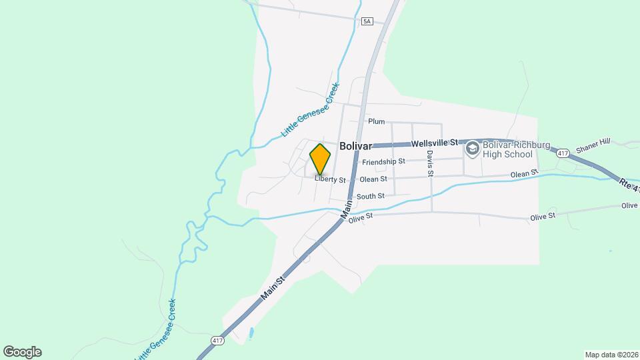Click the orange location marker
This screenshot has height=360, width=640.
pos(321,159)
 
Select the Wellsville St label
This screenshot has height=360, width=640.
pos(435,143)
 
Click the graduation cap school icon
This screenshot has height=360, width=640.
pos(473,148)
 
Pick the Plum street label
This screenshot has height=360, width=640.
pos(377,121)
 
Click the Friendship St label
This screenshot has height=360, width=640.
pos(383,161)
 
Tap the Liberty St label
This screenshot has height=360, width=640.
pos(331,179)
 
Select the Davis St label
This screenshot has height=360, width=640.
pos(430,163)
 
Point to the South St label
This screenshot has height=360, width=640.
pos(370,196)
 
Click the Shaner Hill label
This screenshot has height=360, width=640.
pos(593,146)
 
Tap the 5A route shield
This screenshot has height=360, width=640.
pos(367,21)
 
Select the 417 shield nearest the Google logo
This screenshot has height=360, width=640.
pos(218,341)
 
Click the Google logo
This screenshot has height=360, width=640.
pos(22,352)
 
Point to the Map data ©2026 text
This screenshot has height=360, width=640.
pos(611,355)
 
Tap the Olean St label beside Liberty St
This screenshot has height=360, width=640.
pos(373,179)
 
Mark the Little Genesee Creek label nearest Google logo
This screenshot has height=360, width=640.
pos(156,330)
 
